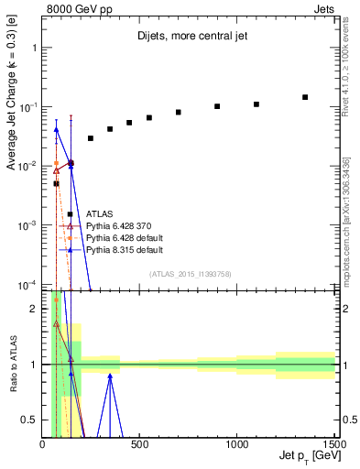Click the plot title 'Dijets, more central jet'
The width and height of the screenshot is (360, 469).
(188, 37)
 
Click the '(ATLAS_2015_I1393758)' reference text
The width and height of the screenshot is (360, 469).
(189, 273)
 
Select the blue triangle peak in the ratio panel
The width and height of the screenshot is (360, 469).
(110, 375)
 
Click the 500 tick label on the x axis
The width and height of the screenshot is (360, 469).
(140, 445)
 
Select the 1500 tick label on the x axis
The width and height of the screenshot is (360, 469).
(333, 445)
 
